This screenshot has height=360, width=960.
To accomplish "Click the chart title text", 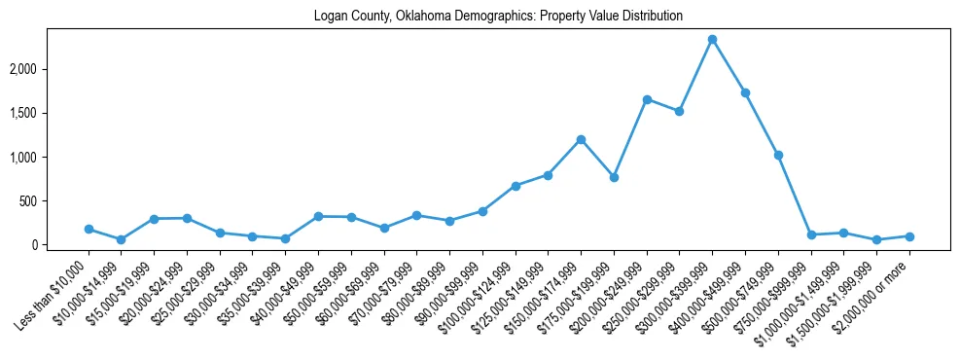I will coord(498,17).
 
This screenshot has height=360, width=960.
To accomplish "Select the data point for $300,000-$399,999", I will coord(712,39).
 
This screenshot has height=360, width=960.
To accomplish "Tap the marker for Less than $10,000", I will coord(89,230).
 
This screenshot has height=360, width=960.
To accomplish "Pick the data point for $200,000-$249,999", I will coord(647,99).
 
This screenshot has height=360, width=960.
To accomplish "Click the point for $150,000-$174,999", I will coord(581,139).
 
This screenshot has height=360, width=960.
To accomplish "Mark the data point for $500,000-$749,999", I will coord(778,155).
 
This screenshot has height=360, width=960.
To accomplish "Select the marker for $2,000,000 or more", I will coord(909,236).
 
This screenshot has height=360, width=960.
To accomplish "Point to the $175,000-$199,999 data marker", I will coord(614,177).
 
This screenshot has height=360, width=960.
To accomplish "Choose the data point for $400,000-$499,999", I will coord(745,92).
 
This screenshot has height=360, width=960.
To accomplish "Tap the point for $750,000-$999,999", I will coord(811,234).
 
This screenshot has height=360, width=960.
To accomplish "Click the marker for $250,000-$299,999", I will coord(679,111).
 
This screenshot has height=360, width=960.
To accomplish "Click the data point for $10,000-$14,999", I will coord(121,239).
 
